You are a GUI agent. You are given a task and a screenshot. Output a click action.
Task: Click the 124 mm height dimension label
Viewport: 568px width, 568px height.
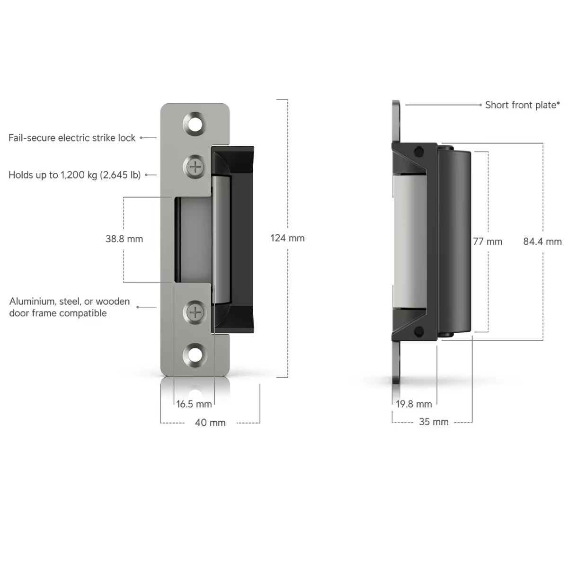pos(287,238)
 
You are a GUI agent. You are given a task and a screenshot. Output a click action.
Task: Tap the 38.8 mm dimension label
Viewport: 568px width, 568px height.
pos(124,239)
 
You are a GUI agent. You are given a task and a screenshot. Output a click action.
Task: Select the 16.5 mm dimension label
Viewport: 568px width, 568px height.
pos(194,404)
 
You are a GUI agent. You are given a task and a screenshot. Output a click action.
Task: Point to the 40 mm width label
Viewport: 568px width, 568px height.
pos(210,423)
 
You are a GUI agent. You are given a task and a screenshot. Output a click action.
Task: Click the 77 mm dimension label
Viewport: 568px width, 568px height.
pos(488,242)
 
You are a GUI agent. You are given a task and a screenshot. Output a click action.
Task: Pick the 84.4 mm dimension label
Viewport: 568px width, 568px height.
pos(542,242)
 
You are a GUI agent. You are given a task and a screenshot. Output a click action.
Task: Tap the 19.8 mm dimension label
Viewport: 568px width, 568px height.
pos(414,404)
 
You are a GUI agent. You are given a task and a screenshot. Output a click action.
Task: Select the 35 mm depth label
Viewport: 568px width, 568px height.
pos(434,422)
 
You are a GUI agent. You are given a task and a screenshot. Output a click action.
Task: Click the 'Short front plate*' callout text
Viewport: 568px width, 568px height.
pos(523,105)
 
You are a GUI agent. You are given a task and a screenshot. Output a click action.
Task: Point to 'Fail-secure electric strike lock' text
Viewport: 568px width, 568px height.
pos(72,138)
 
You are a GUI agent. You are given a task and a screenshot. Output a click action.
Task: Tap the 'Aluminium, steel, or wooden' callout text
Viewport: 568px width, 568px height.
pos(69,301)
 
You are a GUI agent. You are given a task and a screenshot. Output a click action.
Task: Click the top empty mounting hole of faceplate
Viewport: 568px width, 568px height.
pos(195,124)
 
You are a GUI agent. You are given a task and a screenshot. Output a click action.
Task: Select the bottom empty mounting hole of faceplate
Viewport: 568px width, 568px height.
pos(195,355)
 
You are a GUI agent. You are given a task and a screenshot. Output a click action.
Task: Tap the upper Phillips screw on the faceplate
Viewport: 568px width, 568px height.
pos(195,167)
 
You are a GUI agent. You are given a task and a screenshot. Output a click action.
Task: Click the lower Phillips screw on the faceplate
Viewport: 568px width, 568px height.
pos(195,312)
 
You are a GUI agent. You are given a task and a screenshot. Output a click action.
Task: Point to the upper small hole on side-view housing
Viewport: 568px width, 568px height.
pos(419,152)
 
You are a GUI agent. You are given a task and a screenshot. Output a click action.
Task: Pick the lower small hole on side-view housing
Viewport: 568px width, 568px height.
pos(418,332)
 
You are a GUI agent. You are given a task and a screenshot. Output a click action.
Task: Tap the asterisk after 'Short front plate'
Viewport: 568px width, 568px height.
pos(558,103)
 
